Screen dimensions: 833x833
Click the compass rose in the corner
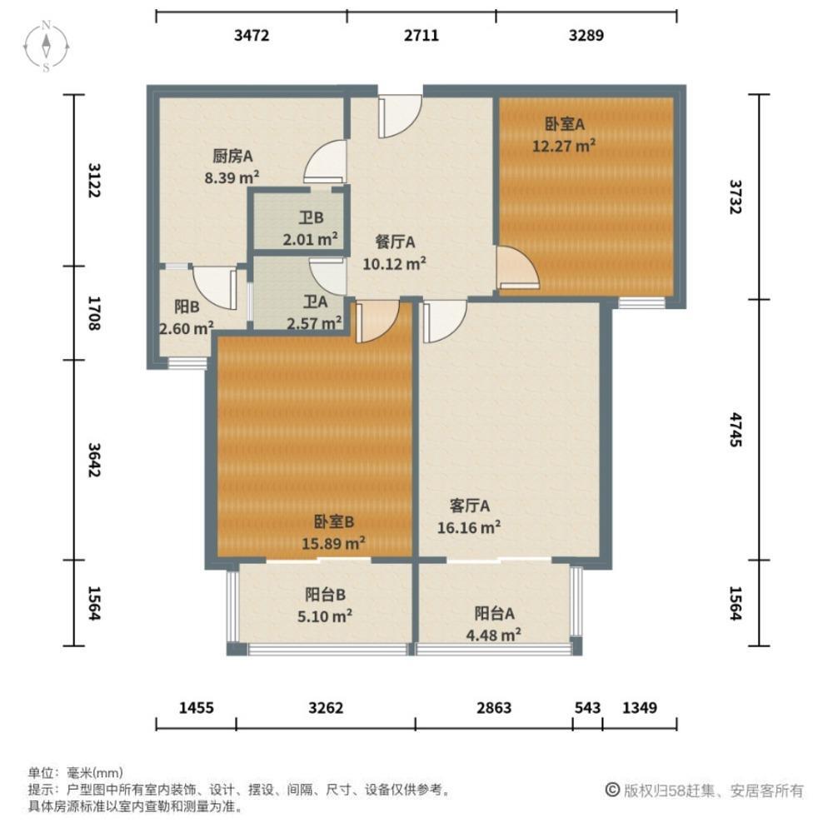[x=47, y=45]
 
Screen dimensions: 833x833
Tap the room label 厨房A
[x=232, y=155]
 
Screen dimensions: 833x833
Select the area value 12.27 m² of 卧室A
[x=564, y=146]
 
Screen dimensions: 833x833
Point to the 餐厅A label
[x=395, y=242]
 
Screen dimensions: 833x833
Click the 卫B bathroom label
[x=312, y=220]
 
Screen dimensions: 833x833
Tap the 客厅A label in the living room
[x=469, y=506]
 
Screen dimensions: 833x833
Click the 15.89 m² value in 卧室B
[x=334, y=543]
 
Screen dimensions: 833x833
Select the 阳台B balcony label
[x=326, y=595]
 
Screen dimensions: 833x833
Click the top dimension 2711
[x=421, y=35]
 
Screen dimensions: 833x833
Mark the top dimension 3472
[x=252, y=35]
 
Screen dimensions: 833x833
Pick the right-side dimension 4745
[x=734, y=431]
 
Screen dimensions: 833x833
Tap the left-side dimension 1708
[x=94, y=312]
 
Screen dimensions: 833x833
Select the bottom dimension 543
[x=587, y=708]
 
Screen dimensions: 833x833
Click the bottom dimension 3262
[x=326, y=708]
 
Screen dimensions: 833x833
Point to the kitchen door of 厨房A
[x=326, y=162]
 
